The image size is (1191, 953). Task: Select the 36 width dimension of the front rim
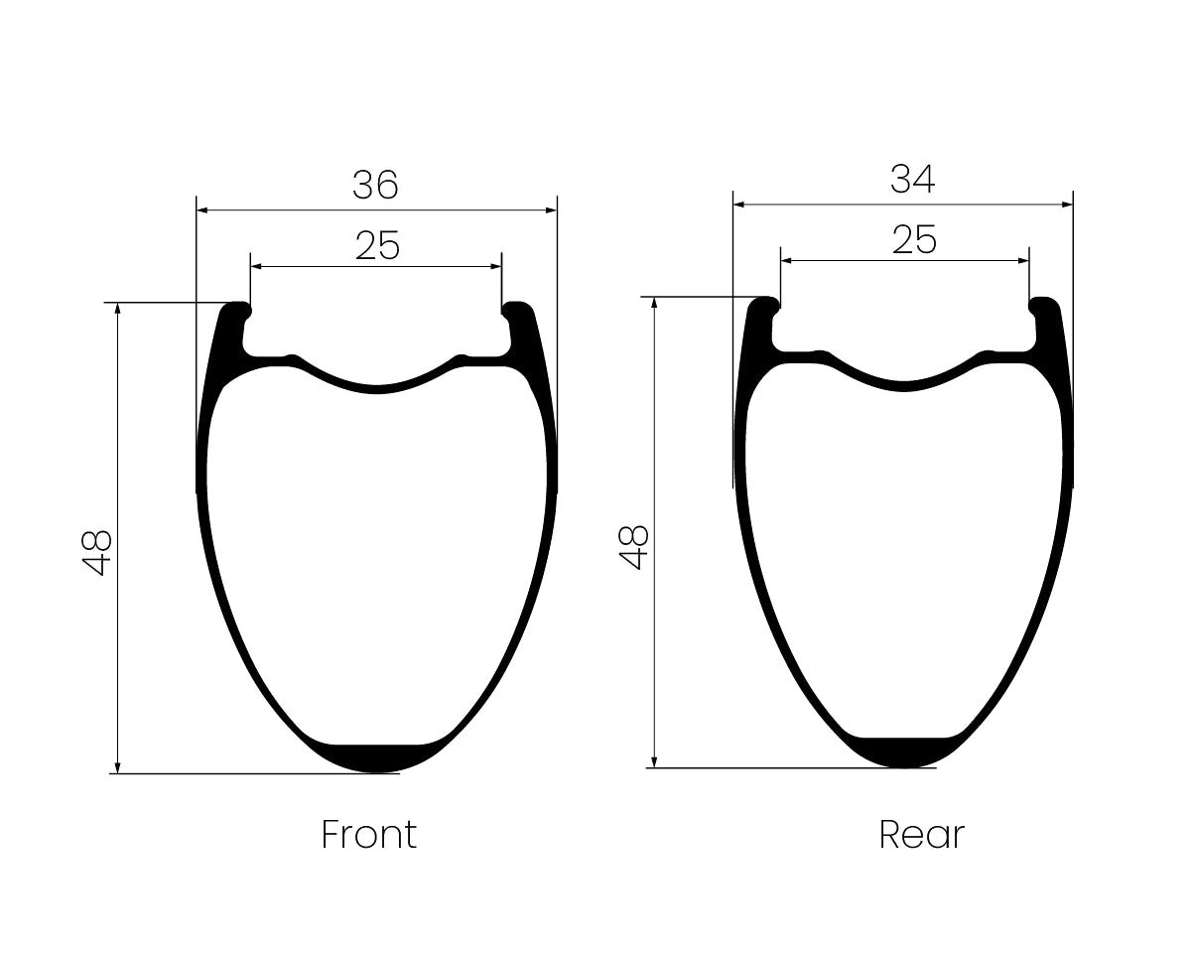coord(375,185)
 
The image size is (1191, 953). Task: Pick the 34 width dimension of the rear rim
coord(913,179)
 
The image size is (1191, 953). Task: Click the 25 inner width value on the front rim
coord(377,245)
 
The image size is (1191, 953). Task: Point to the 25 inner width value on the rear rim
coord(914,240)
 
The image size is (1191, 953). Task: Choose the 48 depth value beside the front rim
coord(97,553)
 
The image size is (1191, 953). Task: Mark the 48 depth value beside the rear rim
coord(633,547)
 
